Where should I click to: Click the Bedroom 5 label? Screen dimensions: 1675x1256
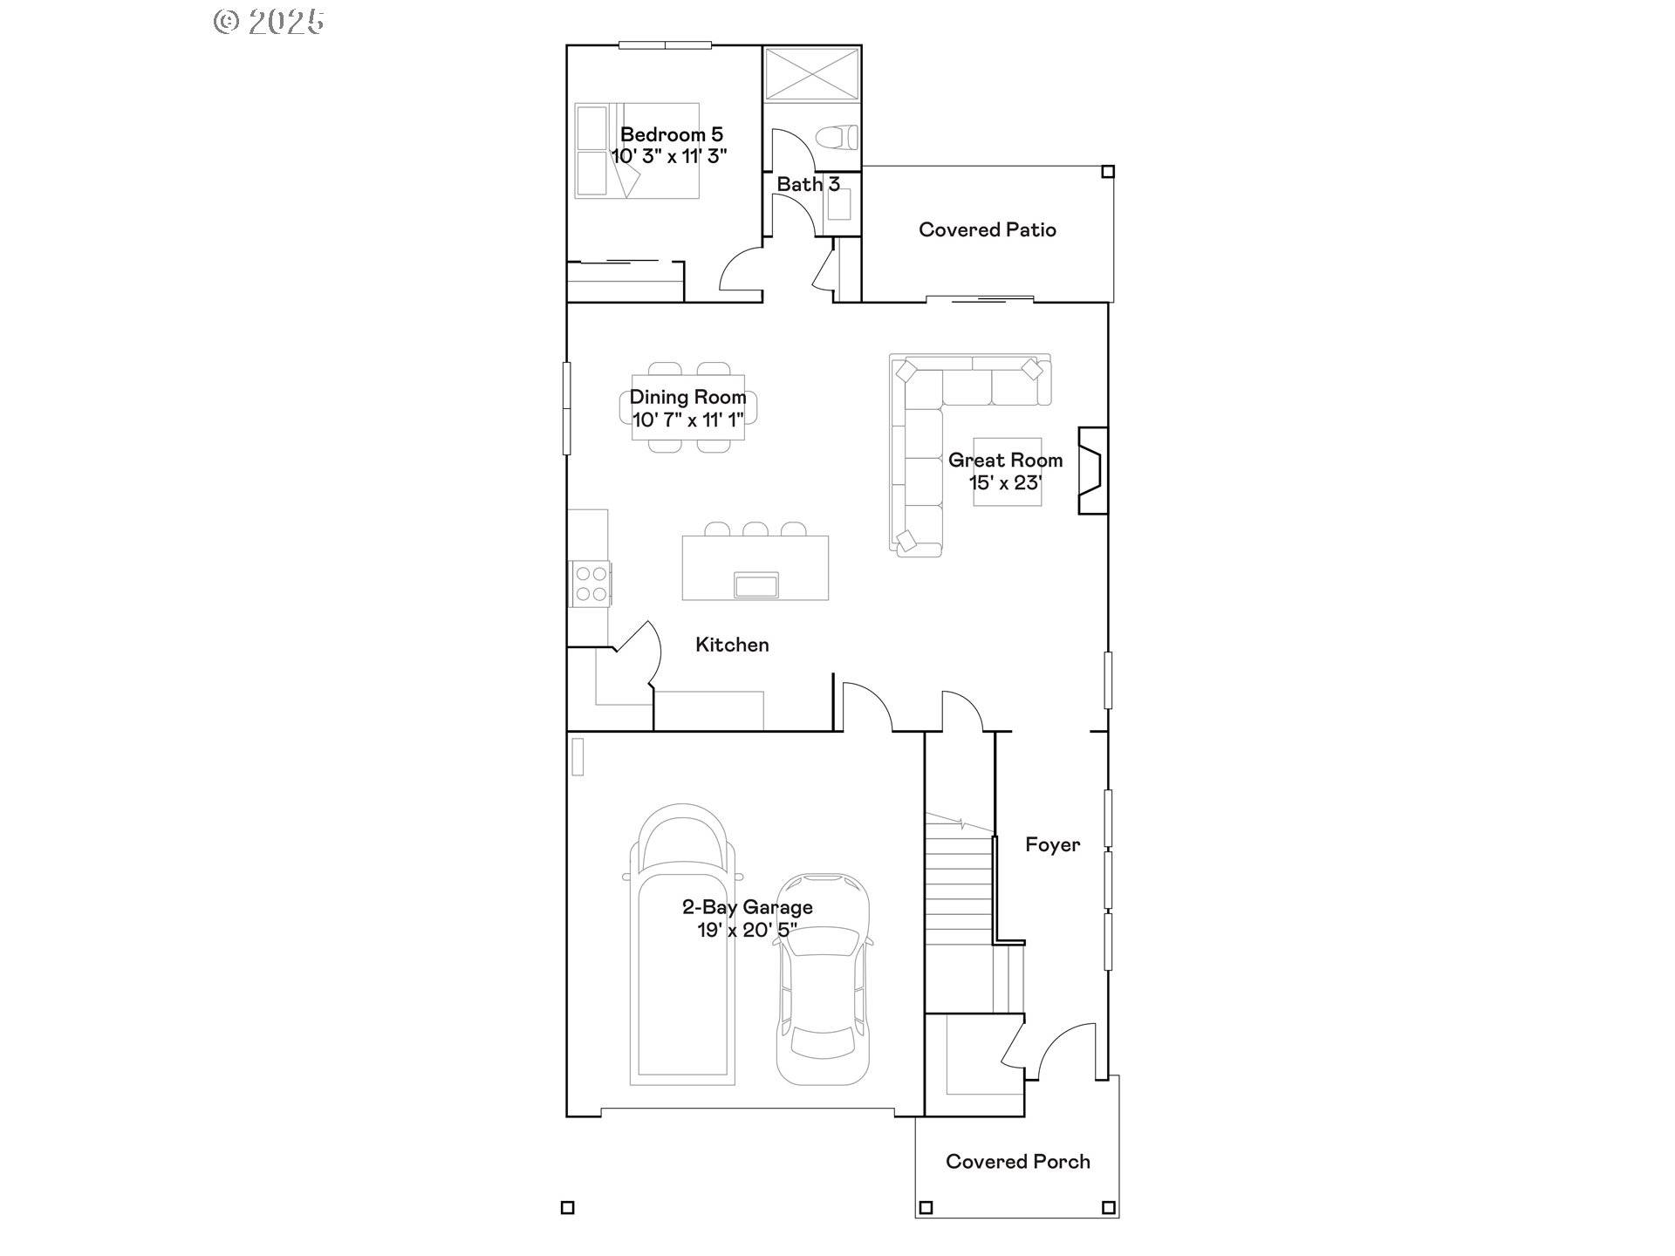click(x=671, y=134)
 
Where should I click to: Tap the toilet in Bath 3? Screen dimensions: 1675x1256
click(x=837, y=138)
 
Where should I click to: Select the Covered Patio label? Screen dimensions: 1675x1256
click(x=988, y=229)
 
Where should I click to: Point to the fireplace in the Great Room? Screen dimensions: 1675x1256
click(x=1093, y=470)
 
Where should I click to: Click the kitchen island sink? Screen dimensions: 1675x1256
click(x=756, y=584)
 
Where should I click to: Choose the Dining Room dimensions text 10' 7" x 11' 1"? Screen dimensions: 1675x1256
click(x=687, y=420)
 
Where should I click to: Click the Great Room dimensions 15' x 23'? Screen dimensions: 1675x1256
click(x=1005, y=482)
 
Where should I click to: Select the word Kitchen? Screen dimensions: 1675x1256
click(x=732, y=645)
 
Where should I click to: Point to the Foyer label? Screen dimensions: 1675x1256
click(x=1052, y=844)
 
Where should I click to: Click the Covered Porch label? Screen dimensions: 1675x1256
click(x=1018, y=1162)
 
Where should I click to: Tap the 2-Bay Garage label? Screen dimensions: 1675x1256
click(x=748, y=907)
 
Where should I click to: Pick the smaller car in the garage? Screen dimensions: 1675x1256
click(x=823, y=979)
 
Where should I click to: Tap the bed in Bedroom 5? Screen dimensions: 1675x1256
click(x=637, y=151)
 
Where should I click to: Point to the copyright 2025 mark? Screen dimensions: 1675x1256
click(x=269, y=22)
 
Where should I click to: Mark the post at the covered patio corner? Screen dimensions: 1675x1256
click(x=1108, y=172)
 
